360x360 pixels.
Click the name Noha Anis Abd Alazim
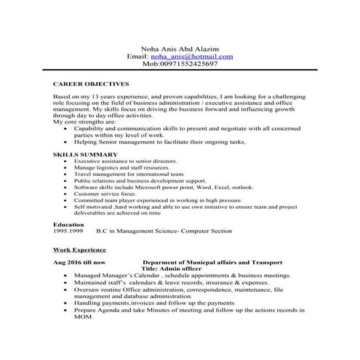180,47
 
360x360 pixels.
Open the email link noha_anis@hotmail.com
192,55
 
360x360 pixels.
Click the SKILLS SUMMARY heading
85,154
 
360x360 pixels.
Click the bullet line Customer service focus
105,194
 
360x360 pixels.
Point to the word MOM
82,317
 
